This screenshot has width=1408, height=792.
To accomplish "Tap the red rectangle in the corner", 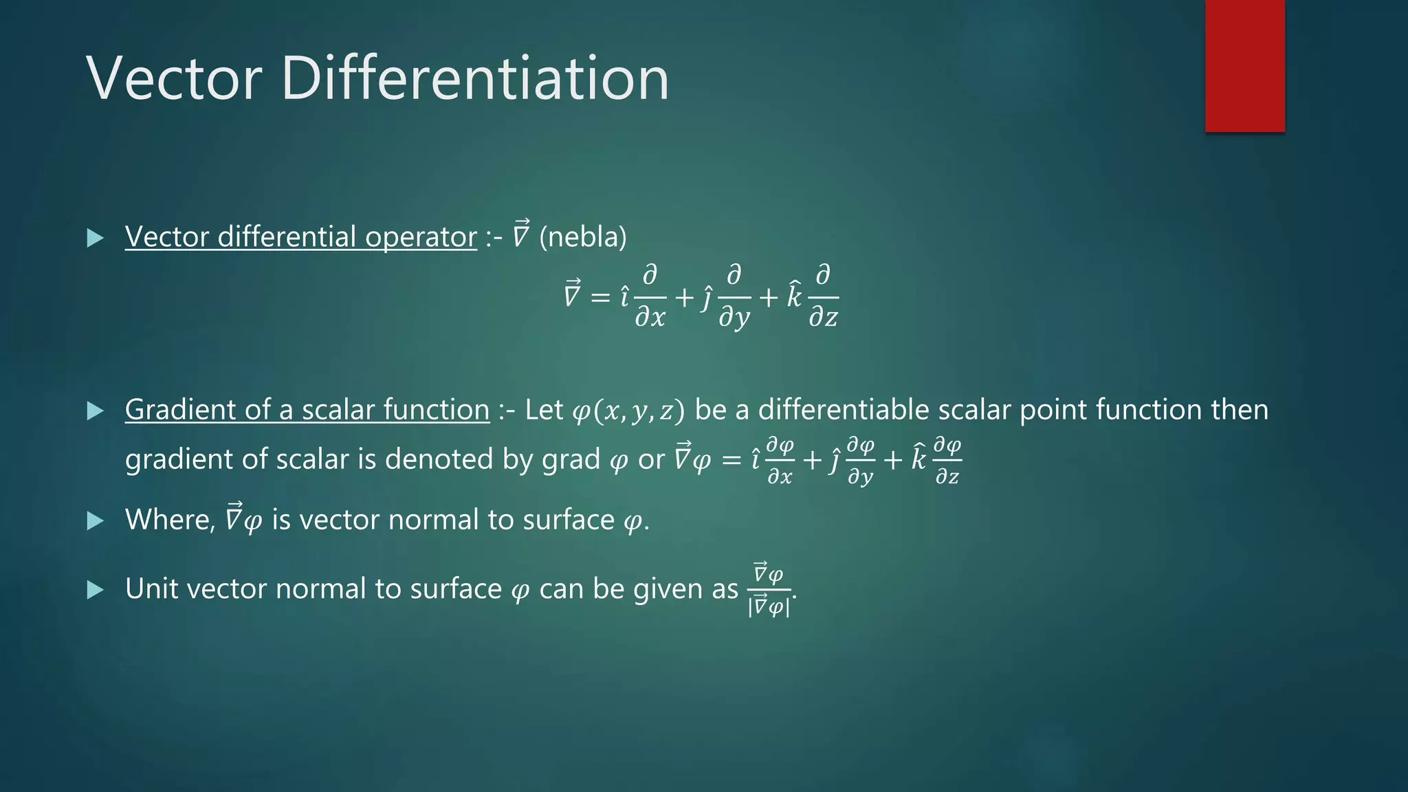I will [x=1244, y=66].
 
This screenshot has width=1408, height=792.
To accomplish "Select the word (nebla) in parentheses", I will [x=583, y=237].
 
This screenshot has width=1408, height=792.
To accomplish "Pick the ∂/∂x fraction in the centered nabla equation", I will [x=650, y=297].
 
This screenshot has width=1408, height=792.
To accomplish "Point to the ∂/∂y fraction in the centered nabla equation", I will [x=734, y=297].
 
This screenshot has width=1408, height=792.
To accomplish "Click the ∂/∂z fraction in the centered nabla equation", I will [x=822, y=297].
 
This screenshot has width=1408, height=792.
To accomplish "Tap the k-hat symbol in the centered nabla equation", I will [x=794, y=296].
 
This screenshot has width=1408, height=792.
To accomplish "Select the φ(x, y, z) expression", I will [x=628, y=411].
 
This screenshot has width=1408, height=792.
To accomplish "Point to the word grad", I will [x=571, y=459].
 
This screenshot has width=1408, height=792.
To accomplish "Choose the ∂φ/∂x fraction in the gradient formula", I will [x=780, y=460].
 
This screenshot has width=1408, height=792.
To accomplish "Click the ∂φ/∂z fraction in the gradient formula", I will [x=947, y=460].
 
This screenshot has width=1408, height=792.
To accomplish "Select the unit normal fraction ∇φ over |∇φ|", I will [x=769, y=591].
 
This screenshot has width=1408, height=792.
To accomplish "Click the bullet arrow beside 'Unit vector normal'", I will [x=96, y=590].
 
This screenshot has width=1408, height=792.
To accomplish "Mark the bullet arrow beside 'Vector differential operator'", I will [x=96, y=239].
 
